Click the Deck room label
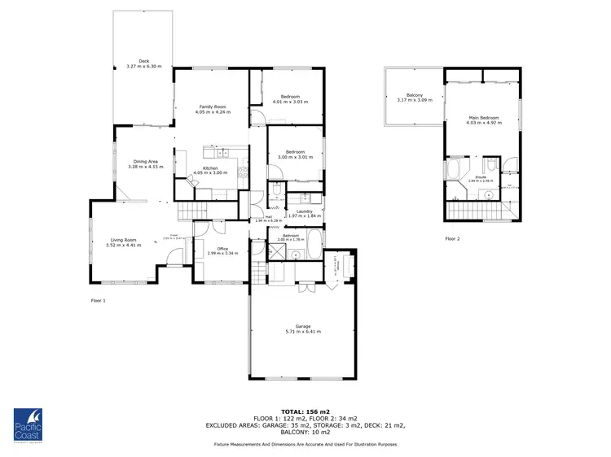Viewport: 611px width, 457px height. pyautogui.click(x=143, y=60)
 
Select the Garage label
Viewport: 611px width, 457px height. pyautogui.click(x=303, y=326)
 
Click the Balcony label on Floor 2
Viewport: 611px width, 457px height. pyautogui.click(x=410, y=95)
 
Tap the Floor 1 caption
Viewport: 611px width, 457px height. pyautogui.click(x=99, y=300)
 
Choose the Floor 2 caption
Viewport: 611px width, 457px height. pyautogui.click(x=452, y=239)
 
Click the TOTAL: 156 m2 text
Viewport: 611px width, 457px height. pyautogui.click(x=305, y=412)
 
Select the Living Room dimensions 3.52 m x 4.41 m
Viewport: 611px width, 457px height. pyautogui.click(x=124, y=245)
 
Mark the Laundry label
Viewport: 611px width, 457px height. pyautogui.click(x=305, y=211)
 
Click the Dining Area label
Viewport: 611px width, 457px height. pyautogui.click(x=146, y=161)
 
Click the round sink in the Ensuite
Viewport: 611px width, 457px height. pyautogui.click(x=486, y=194)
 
